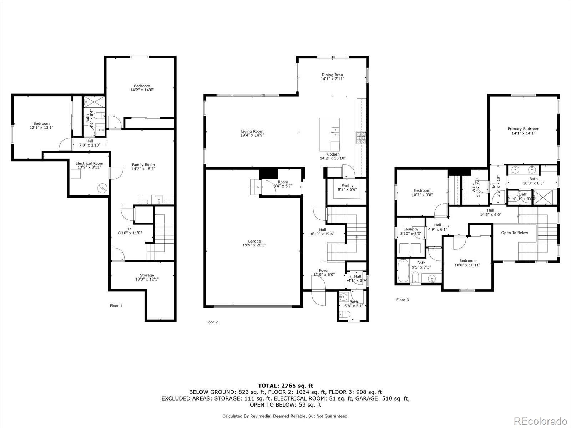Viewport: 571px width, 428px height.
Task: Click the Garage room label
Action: pos(254,241)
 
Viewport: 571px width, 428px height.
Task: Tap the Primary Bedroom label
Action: pos(523,129)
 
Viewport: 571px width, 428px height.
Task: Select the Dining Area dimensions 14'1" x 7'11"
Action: pos(332,79)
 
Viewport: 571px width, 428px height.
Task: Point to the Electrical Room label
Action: pos(89,163)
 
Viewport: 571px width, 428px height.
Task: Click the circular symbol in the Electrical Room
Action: pos(103,188)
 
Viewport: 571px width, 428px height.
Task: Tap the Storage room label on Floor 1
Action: pos(147,275)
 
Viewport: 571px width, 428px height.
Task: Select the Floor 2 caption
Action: pos(211,322)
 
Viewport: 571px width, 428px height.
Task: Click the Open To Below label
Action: pos(514,233)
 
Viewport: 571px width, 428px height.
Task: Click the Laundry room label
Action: pos(410,229)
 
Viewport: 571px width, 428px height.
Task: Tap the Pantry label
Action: pos(347,185)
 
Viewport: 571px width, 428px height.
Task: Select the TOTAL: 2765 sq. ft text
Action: pos(285,386)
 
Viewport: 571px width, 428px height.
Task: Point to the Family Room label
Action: pos(143,165)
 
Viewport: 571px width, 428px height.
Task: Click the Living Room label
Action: pos(252,131)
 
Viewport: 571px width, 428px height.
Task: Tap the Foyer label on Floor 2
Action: pos(324,270)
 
